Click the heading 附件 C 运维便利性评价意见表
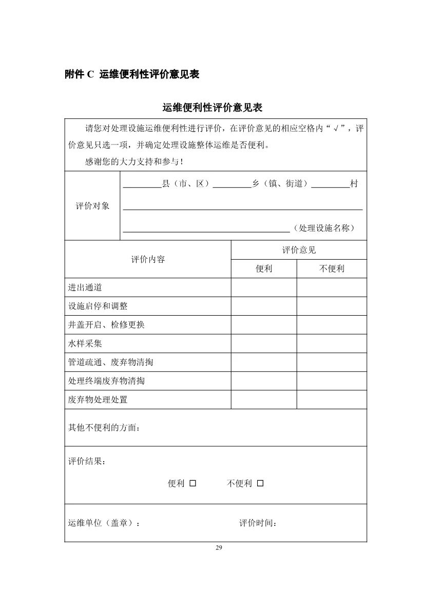point(132,75)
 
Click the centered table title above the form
point(213,108)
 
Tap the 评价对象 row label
point(92,206)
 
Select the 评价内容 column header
point(148,259)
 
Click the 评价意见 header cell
point(299,250)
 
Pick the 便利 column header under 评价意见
point(264,269)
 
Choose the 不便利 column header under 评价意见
point(332,269)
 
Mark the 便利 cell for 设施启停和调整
point(264,306)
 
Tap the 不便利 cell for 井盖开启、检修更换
point(332,325)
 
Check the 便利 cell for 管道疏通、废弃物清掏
point(264,362)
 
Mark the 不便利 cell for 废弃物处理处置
point(332,399)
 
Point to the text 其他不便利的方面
point(104,427)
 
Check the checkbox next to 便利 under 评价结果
point(193,483)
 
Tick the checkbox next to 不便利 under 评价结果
point(260,483)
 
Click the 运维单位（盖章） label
point(104,523)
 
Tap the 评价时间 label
point(258,523)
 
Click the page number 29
point(219,549)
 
